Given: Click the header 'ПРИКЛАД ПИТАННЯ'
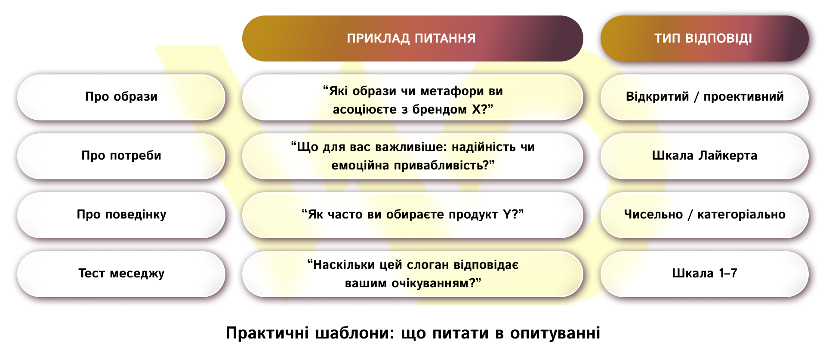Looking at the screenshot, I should point(412,39).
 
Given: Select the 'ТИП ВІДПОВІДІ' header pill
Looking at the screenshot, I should point(703,39).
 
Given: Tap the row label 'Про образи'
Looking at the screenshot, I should point(121,97).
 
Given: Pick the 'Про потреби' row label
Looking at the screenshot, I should point(121,156).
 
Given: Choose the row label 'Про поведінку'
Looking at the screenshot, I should point(121,215).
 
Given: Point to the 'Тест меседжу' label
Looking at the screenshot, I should point(121,274).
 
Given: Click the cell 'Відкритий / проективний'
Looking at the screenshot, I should point(704,97).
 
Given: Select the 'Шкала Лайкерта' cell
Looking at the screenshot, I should point(704,156).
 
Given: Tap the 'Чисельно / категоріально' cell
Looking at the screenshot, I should point(704,215).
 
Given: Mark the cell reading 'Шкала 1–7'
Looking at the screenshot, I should point(704,274).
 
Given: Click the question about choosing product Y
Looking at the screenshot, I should point(412,215).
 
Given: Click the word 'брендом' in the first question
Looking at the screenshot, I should point(440,110).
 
